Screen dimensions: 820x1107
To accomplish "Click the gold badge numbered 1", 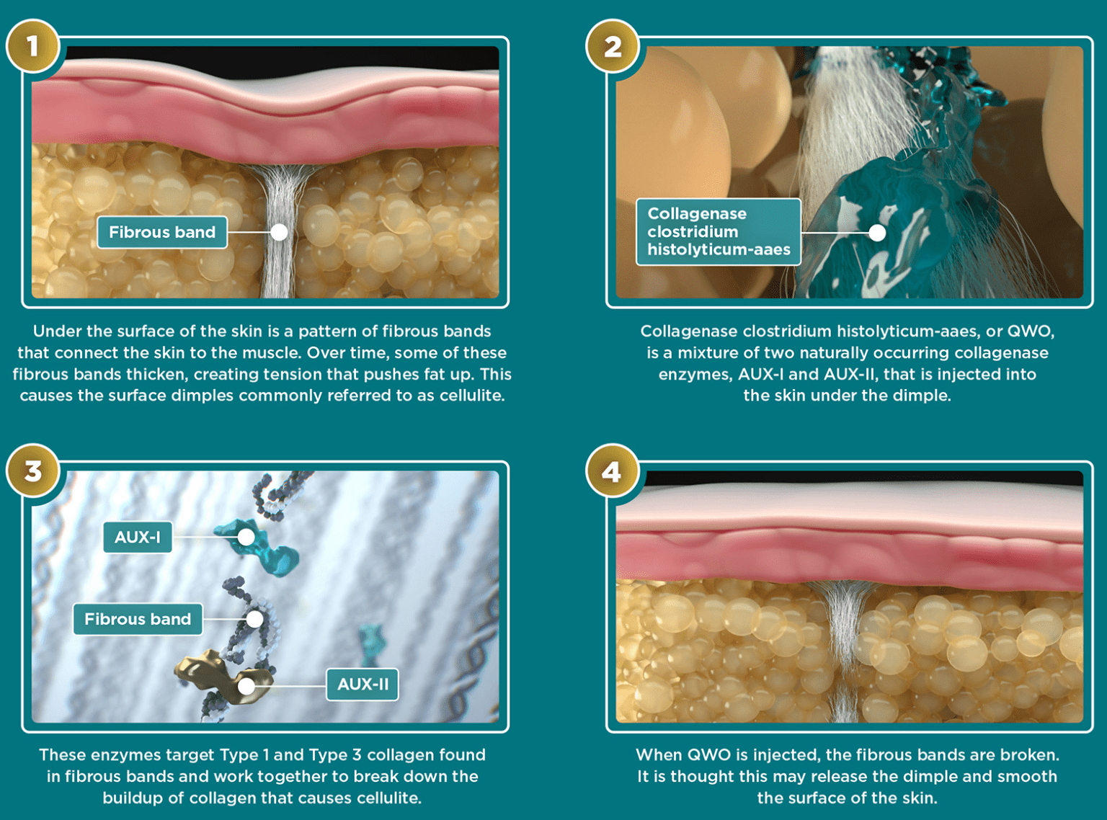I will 32,46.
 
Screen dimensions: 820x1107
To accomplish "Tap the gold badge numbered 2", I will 612,46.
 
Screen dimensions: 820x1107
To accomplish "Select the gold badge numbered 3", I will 32,471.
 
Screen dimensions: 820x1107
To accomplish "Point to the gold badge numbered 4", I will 612,471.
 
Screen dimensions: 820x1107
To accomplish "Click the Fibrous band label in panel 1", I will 162,232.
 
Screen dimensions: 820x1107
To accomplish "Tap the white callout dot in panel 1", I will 279,232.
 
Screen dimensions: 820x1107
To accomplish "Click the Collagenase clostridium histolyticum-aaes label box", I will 718,232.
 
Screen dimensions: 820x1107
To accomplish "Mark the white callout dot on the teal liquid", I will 877,233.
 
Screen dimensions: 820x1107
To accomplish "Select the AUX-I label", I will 138,537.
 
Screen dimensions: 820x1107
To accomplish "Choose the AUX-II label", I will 363,684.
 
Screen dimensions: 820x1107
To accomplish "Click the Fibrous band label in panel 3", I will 138,619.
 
